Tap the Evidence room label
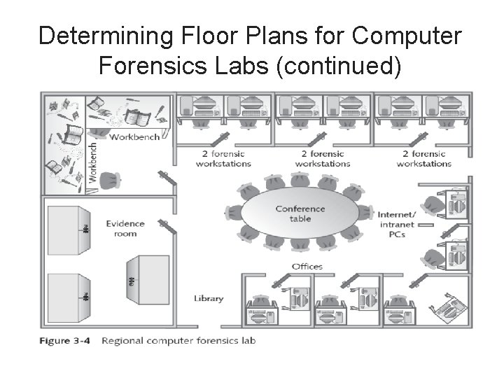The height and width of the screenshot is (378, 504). pyautogui.click(x=125, y=228)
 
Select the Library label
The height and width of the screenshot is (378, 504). pyautogui.click(x=209, y=298)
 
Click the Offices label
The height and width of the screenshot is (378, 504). pyautogui.click(x=307, y=266)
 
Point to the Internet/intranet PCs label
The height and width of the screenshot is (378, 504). pyautogui.click(x=396, y=224)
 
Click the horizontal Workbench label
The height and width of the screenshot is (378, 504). pyautogui.click(x=134, y=136)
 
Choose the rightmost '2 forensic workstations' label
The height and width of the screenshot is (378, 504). pyautogui.click(x=424, y=158)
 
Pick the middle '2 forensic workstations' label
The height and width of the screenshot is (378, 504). pyautogui.click(x=323, y=158)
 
